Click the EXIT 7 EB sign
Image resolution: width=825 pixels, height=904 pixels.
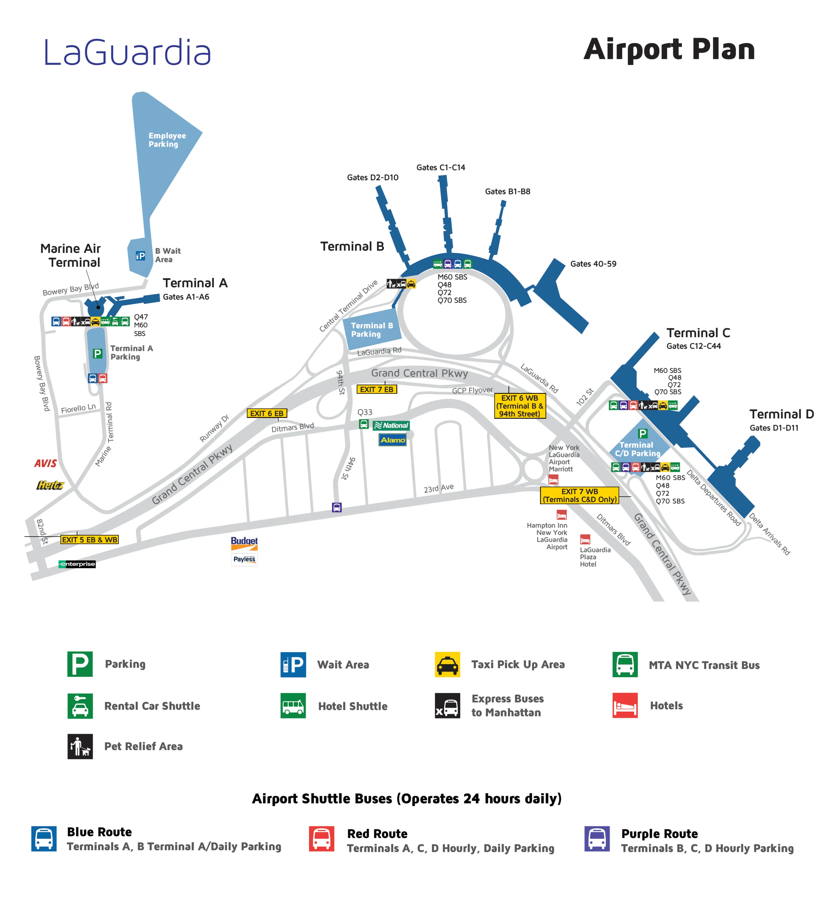[x=376, y=389]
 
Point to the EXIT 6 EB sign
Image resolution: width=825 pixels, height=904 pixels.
[x=267, y=413]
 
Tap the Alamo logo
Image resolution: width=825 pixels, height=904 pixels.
[x=392, y=440]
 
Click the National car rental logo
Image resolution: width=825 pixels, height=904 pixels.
[x=391, y=425]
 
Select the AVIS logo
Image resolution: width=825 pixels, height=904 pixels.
[x=46, y=463]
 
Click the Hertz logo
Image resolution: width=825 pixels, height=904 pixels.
[x=50, y=485]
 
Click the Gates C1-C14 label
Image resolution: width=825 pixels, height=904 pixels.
[x=441, y=167]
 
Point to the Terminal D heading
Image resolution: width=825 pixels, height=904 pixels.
[x=781, y=414]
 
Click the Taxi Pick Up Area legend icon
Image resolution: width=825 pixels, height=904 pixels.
[x=447, y=664]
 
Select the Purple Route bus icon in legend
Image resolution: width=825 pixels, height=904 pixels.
[x=597, y=838]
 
